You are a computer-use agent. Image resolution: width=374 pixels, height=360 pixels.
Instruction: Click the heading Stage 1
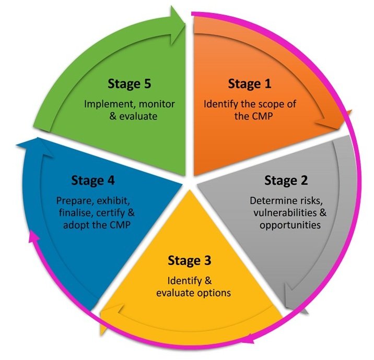point(250,84)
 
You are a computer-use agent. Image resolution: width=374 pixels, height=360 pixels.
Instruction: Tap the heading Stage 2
point(286,181)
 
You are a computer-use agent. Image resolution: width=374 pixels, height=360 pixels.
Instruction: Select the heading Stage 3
point(190,260)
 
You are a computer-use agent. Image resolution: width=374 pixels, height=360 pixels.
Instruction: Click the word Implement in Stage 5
point(107,104)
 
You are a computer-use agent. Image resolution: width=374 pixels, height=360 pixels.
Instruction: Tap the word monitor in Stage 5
point(157,104)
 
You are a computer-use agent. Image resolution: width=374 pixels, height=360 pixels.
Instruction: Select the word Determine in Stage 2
point(271,200)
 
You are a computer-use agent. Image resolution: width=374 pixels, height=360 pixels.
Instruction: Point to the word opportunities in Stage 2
point(290,225)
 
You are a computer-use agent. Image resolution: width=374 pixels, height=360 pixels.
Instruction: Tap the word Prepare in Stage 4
point(73,200)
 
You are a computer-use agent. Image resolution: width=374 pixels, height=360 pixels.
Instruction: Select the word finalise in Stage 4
point(75,213)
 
